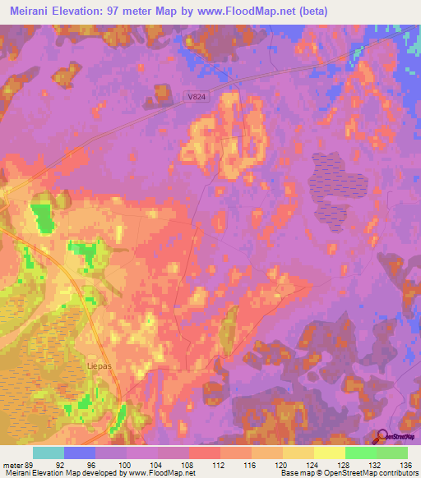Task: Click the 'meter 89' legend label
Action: pyautogui.click(x=18, y=464)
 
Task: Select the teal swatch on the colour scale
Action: pyautogui.click(x=49, y=453)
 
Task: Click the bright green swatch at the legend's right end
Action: pyautogui.click(x=391, y=453)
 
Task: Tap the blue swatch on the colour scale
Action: pyautogui.click(x=80, y=453)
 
